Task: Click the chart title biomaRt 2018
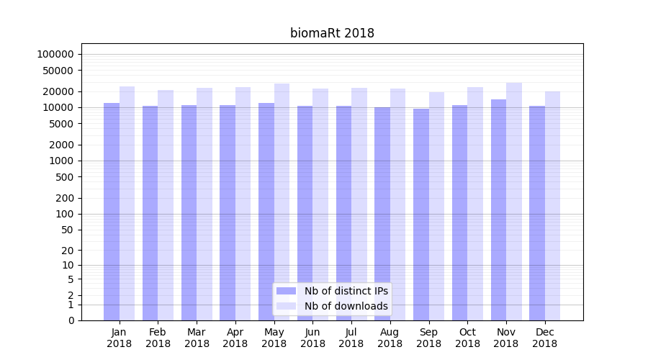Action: [x=332, y=33]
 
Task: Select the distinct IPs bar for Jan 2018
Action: [x=112, y=212]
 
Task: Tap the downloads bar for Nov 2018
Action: [x=514, y=202]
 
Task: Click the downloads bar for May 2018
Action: [x=282, y=202]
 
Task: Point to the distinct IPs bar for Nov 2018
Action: [x=498, y=210]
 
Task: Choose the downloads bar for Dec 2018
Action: [x=552, y=206]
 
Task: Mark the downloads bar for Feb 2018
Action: [x=166, y=205]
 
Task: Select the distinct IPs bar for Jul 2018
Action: [x=343, y=213]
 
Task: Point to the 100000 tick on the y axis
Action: [x=55, y=55]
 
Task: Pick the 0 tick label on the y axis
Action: [x=71, y=320]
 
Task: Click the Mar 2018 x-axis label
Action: [x=197, y=338]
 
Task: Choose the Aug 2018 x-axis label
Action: [x=390, y=338]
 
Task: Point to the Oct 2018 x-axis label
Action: [x=467, y=338]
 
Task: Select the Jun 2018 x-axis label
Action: [x=312, y=338]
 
